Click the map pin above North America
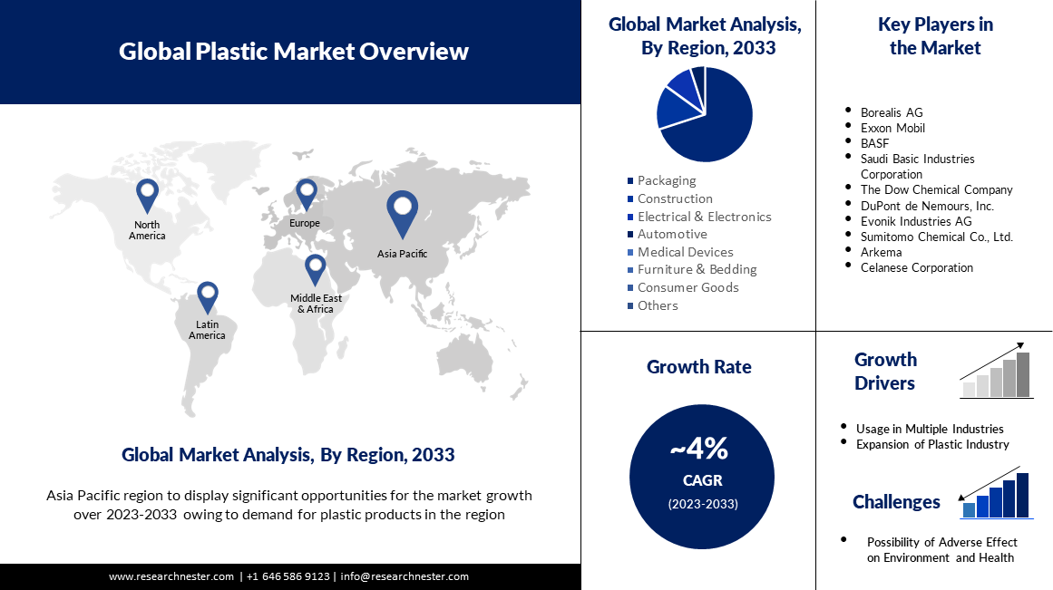(147, 196)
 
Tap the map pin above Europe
(307, 194)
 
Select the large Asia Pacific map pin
(403, 214)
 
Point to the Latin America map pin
(208, 296)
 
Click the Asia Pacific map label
(403, 254)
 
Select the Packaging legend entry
(661, 180)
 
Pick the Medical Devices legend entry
(680, 252)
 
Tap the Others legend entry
(653, 305)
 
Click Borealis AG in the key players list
(892, 112)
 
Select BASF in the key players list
(874, 143)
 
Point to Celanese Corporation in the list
(917, 267)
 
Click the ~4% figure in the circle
(699, 449)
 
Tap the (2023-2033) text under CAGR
(702, 503)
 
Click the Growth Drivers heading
(885, 372)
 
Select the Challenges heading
(896, 502)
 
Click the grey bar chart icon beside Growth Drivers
(997, 371)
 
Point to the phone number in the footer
(288, 575)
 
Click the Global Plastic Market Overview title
(294, 51)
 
